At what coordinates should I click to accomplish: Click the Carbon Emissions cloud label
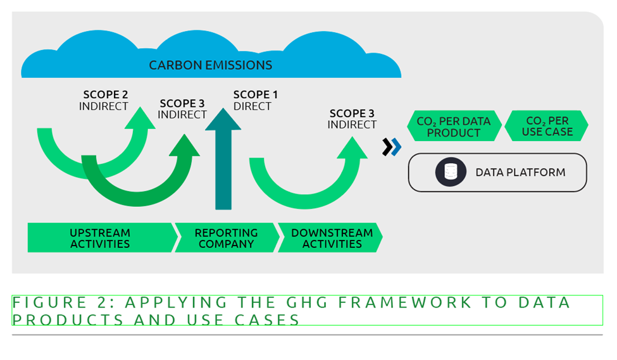click(210, 65)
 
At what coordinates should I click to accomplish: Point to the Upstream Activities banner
click(100, 238)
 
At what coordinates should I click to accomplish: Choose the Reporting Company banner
click(226, 238)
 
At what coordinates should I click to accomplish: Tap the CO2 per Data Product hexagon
click(453, 127)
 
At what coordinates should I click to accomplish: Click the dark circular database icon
click(451, 172)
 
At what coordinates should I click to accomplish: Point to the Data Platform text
click(520, 172)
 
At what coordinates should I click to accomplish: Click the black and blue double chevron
click(392, 147)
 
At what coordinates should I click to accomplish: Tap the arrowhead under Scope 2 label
click(140, 121)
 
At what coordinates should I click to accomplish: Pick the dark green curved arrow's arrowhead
click(185, 147)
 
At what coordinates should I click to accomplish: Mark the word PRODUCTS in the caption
click(68, 320)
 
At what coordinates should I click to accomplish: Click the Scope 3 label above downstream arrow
click(352, 119)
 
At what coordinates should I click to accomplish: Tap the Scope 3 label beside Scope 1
click(182, 109)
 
